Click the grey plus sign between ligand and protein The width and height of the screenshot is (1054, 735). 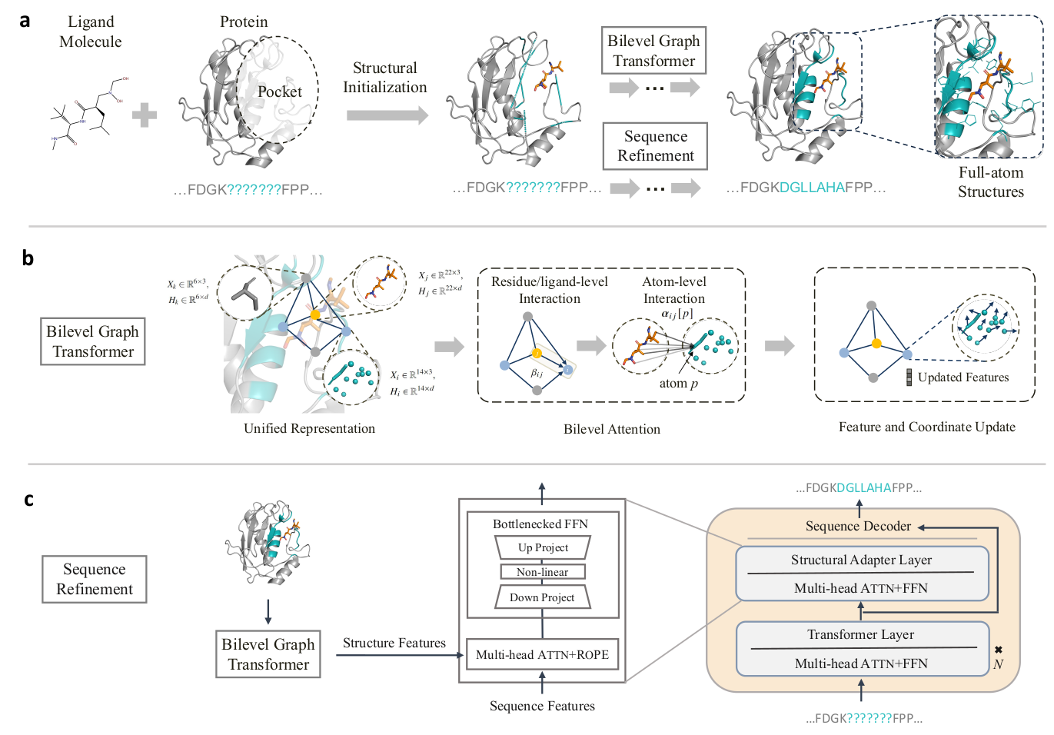tap(144, 116)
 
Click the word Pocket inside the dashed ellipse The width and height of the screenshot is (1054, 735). tap(279, 91)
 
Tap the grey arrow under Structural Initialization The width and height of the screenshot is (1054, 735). tap(387, 115)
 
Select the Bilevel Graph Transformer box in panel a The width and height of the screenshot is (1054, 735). tap(653, 51)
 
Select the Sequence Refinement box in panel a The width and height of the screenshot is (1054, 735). tap(655, 146)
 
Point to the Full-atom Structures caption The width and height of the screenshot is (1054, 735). tap(990, 182)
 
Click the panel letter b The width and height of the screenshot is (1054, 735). tap(28, 258)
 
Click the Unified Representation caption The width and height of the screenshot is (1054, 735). tap(309, 428)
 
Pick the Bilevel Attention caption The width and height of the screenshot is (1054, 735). tap(611, 429)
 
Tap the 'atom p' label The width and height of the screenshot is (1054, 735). tap(678, 384)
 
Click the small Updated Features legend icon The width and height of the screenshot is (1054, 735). tap(909, 377)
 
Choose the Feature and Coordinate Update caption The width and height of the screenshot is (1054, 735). tap(926, 427)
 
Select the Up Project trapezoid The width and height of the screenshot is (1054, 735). tap(543, 547)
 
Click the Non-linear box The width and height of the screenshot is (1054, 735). tap(542, 572)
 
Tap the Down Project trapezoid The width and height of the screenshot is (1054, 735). tap(542, 597)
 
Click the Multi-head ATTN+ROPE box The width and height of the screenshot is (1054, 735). tap(542, 655)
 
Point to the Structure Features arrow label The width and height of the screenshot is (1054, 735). tap(394, 643)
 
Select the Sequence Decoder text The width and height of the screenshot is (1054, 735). tap(858, 526)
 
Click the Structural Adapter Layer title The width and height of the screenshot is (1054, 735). tap(861, 560)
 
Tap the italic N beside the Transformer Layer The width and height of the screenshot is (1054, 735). tap(998, 664)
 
